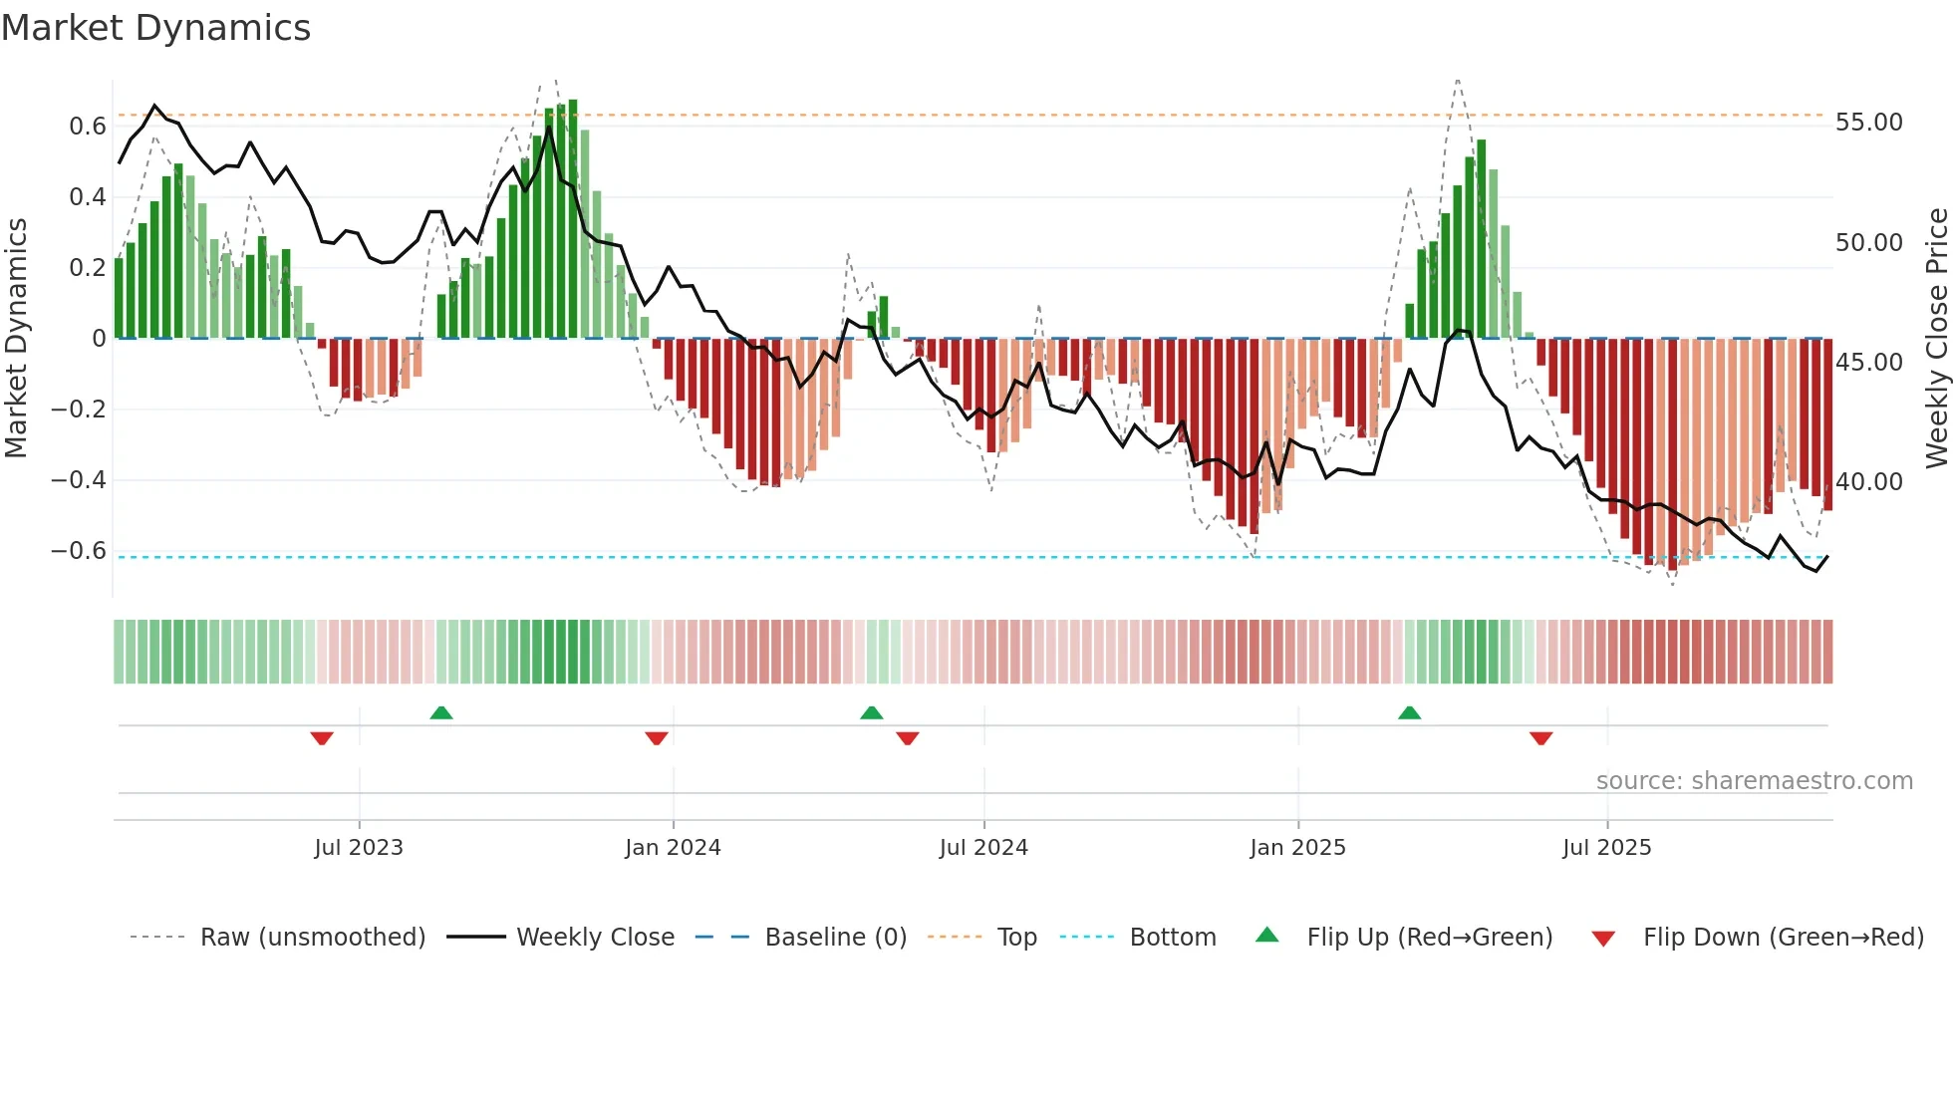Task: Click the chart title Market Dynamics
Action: click(155, 28)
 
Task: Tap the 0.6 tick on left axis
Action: click(88, 127)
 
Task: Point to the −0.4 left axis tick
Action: click(79, 480)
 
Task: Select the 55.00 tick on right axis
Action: click(1868, 123)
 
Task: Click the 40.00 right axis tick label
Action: click(1868, 482)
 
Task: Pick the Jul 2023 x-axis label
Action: click(359, 848)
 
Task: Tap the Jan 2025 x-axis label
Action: click(1297, 848)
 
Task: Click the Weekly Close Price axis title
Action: click(1936, 339)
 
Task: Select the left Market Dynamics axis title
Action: click(16, 339)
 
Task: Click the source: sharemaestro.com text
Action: click(1754, 781)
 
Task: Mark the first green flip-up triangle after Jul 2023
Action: click(441, 712)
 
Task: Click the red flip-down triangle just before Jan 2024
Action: click(656, 738)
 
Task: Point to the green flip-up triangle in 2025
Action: click(1409, 712)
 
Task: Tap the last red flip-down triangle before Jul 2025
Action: click(1540, 738)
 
